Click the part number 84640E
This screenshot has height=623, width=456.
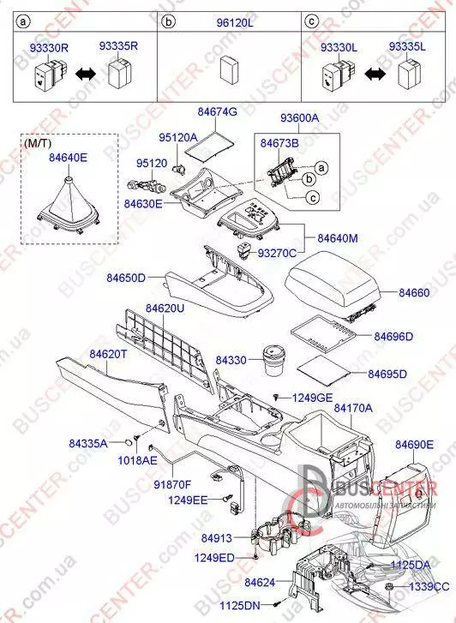(x=68, y=158)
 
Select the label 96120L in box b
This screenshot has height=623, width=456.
(x=235, y=22)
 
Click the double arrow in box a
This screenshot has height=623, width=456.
(x=86, y=74)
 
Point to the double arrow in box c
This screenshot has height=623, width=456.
(x=375, y=74)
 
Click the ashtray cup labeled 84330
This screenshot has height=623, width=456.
(x=273, y=360)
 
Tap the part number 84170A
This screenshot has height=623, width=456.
(x=353, y=408)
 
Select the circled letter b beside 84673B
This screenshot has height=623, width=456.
(x=309, y=179)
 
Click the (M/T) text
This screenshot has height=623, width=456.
(x=38, y=143)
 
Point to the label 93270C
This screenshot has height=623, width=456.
(x=277, y=253)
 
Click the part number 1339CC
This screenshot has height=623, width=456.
(x=429, y=586)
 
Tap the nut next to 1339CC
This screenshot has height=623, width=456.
(x=390, y=587)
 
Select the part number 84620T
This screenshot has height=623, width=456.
(x=108, y=354)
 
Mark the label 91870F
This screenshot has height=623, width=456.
(x=172, y=484)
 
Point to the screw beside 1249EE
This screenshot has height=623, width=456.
(x=228, y=497)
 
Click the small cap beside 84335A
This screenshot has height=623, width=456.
(x=128, y=443)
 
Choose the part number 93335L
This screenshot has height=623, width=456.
(x=407, y=46)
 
